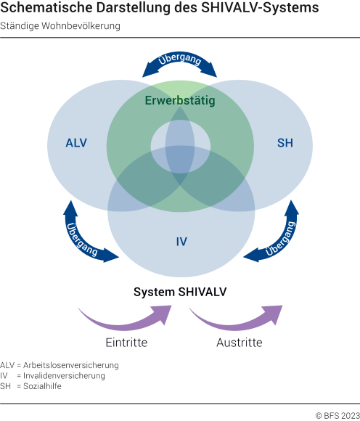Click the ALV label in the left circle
76,143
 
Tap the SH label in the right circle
285,143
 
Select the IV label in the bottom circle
181,240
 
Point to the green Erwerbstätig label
180,101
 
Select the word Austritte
239,343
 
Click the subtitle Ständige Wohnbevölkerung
60,25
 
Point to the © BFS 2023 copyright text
336,415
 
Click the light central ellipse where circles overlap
181,142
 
